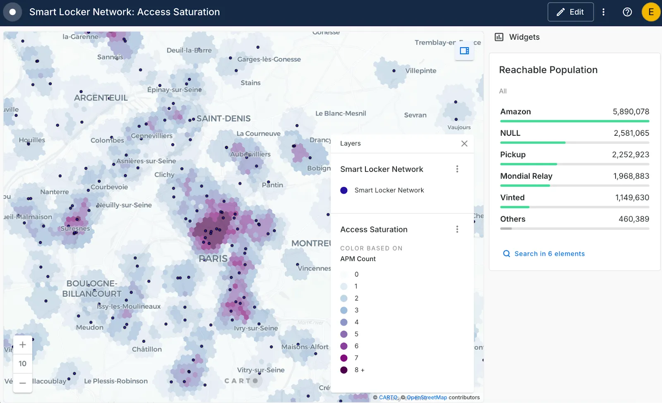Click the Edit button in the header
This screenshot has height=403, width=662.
(570, 12)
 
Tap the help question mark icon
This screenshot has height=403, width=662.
(627, 12)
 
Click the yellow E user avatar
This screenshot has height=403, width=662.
(650, 12)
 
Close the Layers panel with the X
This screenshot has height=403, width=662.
(464, 144)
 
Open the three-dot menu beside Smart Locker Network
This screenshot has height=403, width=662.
(457, 169)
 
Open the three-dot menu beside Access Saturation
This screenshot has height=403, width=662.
(457, 229)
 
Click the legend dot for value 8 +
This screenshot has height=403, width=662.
(344, 370)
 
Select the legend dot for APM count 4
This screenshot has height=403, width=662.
(344, 322)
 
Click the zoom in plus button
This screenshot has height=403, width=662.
(23, 345)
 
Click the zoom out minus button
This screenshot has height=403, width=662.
(23, 383)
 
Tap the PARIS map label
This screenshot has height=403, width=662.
(213, 259)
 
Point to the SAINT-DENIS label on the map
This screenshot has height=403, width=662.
(223, 119)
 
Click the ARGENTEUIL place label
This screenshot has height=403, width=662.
(101, 98)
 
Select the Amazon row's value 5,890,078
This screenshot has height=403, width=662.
(631, 112)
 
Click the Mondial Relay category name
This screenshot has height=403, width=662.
(526, 176)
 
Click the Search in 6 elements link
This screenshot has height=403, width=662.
(549, 254)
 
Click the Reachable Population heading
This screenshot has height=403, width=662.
(548, 70)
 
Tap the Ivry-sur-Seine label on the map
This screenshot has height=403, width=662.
(256, 328)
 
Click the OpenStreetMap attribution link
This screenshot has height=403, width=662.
(427, 397)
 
